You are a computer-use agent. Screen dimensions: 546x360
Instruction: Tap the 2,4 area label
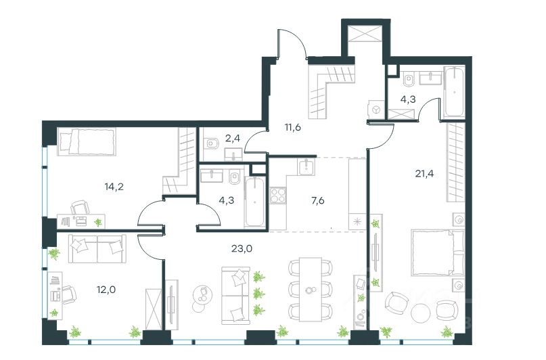232,139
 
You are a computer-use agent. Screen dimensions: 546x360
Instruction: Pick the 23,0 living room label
235,248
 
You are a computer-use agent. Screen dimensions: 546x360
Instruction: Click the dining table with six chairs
311,289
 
